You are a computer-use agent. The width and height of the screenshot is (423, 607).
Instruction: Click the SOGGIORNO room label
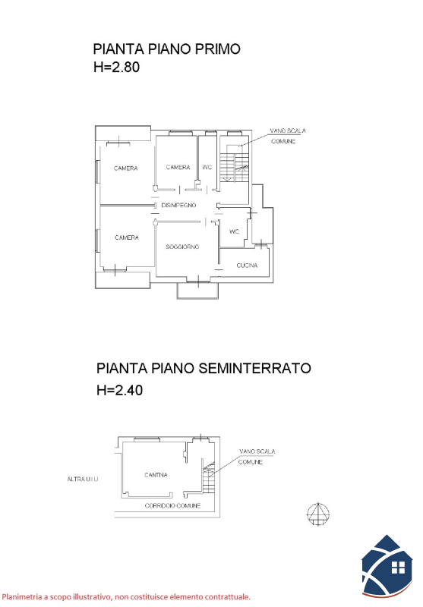[182, 247]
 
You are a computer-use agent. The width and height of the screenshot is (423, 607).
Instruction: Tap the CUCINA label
[247, 265]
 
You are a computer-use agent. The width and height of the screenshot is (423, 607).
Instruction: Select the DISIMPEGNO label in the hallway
[178, 205]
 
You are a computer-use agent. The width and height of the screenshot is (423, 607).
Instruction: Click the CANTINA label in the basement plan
[156, 475]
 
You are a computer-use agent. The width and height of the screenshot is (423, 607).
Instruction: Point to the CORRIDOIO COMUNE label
[172, 505]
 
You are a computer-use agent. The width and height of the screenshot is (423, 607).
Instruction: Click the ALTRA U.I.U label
[83, 480]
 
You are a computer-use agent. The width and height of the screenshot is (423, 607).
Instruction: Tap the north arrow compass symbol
[318, 514]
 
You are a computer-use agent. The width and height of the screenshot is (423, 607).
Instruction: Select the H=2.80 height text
[117, 67]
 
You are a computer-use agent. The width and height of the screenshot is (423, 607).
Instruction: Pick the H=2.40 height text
[120, 390]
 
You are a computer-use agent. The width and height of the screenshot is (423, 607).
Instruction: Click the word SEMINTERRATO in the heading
[255, 368]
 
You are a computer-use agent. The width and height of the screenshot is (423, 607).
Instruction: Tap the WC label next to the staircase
[207, 167]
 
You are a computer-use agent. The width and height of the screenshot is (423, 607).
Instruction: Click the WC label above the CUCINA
[235, 231]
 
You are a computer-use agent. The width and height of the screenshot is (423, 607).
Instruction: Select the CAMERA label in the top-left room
[125, 168]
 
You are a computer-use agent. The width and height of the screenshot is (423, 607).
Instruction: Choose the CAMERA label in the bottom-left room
[127, 237]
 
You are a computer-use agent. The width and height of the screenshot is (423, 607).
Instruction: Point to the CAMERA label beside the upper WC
[178, 167]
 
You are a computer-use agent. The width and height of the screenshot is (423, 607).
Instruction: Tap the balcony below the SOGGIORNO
[197, 291]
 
